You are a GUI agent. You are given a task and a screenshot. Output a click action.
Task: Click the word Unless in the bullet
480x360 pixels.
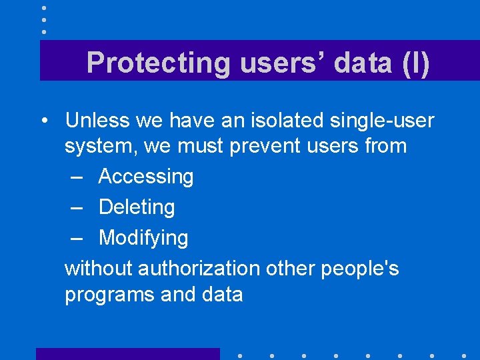[97, 121]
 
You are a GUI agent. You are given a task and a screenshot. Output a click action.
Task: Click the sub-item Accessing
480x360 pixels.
[146, 177]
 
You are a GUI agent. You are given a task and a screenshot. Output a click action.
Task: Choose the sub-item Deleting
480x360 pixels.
[137, 207]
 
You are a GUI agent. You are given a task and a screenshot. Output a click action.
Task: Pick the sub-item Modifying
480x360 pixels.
[143, 238]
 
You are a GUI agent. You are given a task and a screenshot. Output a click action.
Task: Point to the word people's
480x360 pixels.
[360, 268]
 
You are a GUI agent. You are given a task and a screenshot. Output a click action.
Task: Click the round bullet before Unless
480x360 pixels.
[43, 121]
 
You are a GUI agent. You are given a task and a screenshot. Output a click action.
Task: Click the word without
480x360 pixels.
[98, 268]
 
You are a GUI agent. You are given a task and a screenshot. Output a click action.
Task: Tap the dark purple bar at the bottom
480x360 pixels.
[127, 353]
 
